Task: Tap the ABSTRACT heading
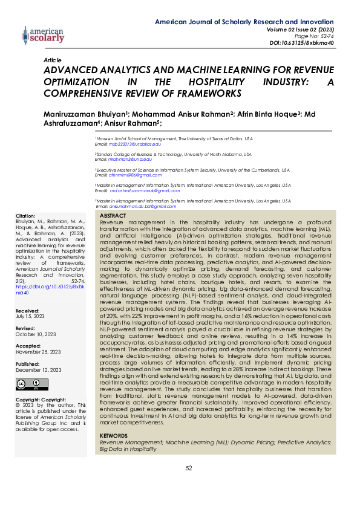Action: coord(112,216)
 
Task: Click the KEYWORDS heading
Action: coord(113,435)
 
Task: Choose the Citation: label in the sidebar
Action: coord(26,216)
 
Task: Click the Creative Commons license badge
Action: coord(32,384)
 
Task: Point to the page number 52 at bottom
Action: coord(188,468)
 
